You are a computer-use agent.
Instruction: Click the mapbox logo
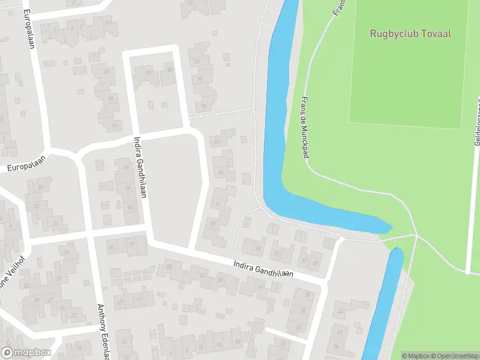[x=26, y=353]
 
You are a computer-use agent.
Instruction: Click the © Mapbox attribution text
[x=415, y=355]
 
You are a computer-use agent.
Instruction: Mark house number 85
[x=170, y=71]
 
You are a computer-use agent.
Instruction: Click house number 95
[x=110, y=98]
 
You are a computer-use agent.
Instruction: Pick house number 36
[x=56, y=224]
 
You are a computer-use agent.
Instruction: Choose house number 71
[x=138, y=299]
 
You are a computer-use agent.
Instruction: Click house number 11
[x=107, y=23]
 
